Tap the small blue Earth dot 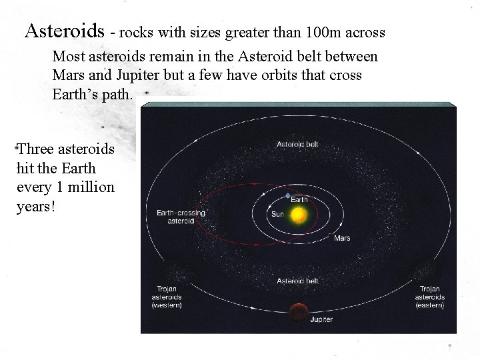coord(288,196)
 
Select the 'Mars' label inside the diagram coord(342,237)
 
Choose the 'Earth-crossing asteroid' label coord(180,216)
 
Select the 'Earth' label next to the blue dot coord(299,199)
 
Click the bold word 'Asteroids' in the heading coord(65,31)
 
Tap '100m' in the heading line coord(322,31)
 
